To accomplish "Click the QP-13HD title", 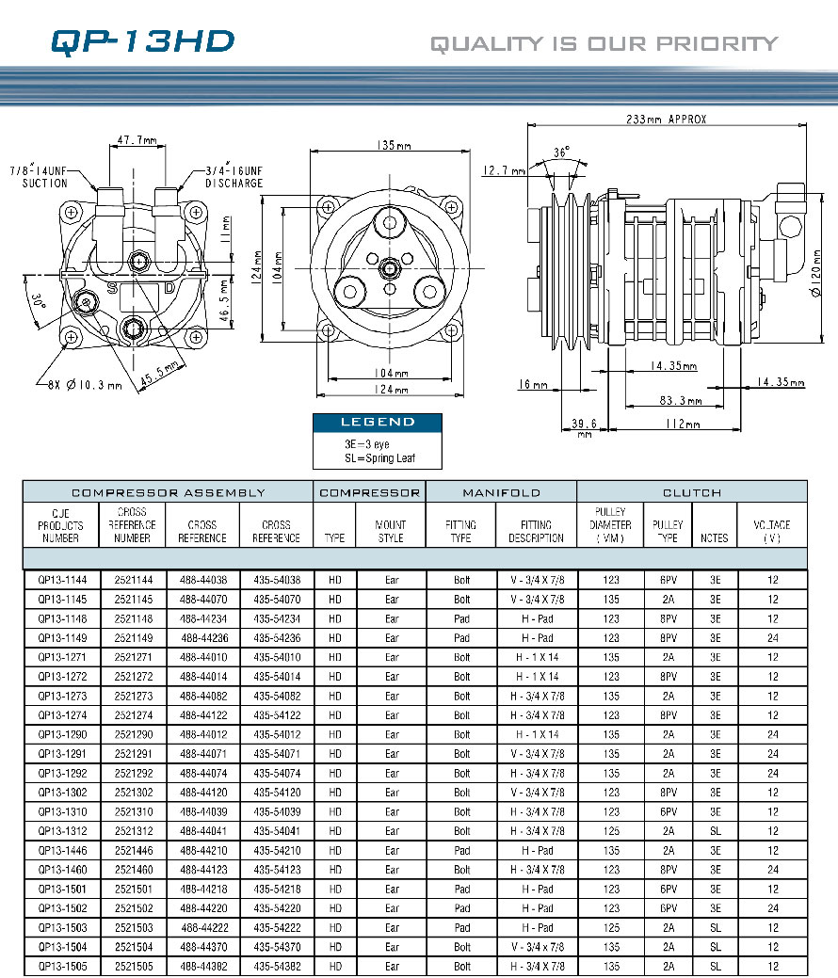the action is (142, 41).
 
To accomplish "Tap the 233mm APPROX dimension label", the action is (666, 120).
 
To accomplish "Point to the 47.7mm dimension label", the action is (137, 139).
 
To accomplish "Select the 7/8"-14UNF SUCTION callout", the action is (39, 177).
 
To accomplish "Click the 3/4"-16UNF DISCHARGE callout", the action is (234, 177).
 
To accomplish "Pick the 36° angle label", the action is (561, 152).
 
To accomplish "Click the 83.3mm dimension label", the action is (681, 400).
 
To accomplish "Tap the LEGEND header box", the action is (378, 423).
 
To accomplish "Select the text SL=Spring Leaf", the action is (380, 457).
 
